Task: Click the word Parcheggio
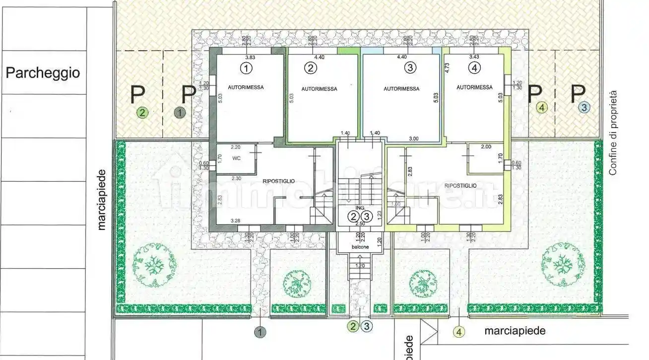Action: pos(42,73)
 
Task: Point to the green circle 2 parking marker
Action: pos(142,113)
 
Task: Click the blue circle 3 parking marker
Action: pos(584,107)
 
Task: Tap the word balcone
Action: pos(360,246)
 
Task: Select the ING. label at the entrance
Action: pos(360,208)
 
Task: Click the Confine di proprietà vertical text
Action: pos(613,133)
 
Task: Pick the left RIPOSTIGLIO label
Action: pos(279,181)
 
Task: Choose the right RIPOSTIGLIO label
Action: pos(460,185)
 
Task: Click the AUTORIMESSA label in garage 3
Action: pos(401,89)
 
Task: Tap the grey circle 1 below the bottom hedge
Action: pos(260,332)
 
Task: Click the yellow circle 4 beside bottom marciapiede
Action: pos(459,332)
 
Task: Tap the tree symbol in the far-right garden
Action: pos(563,263)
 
